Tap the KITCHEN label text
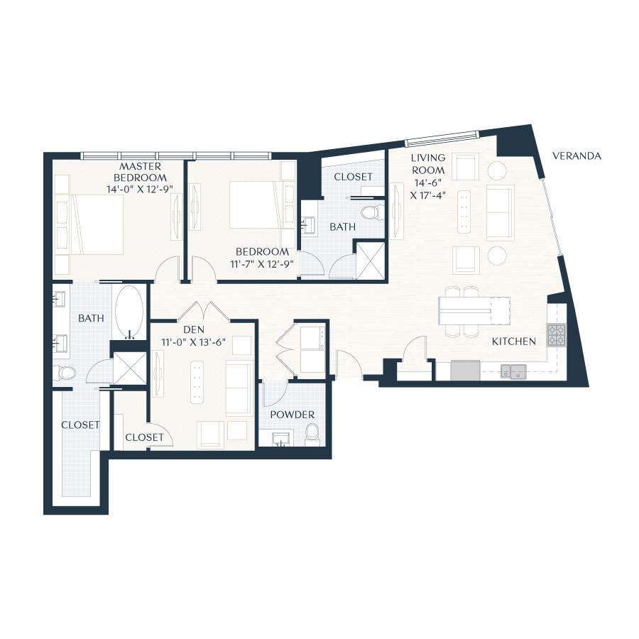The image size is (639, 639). [514, 342]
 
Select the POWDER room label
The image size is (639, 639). [292, 415]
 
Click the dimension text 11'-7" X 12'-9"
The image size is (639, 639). [263, 263]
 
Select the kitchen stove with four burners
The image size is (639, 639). [556, 334]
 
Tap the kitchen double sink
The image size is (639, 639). [513, 371]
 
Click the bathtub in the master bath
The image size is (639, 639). [129, 311]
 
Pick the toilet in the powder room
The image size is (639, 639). [312, 434]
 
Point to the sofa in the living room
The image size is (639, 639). [499, 213]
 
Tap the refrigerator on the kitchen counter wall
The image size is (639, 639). [465, 371]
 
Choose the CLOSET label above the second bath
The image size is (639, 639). [352, 177]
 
